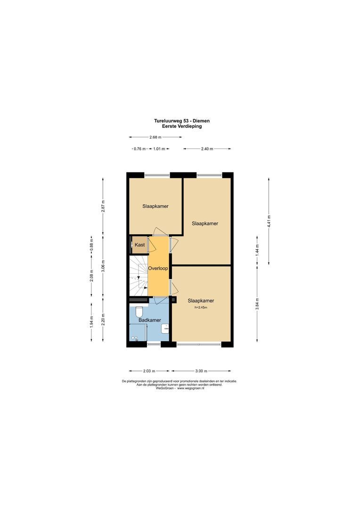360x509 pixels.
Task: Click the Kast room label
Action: point(139,245)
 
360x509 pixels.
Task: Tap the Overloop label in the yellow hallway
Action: point(158,268)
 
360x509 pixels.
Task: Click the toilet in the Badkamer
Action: point(139,312)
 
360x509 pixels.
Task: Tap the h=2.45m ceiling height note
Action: point(201,307)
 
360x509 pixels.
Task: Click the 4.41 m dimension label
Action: point(269,221)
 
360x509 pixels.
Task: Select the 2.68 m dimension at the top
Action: point(155,137)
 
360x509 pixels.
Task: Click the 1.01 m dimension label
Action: point(159,148)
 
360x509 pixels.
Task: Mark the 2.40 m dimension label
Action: point(207,148)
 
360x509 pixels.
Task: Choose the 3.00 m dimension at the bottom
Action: point(201,371)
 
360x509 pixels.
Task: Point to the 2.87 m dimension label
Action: point(103,206)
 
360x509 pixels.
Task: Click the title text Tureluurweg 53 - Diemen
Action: point(182,121)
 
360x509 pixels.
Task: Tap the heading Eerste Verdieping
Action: point(182,126)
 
